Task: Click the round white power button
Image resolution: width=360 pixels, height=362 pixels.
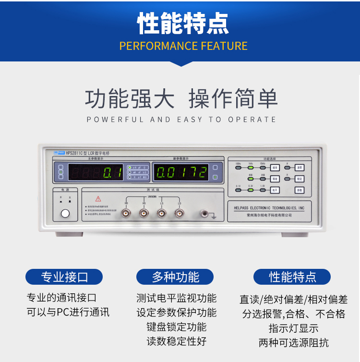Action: pyautogui.click(x=65, y=213)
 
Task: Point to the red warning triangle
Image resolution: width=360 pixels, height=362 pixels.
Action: pyautogui.click(x=98, y=198)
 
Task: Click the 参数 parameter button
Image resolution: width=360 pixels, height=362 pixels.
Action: pyautogui.click(x=299, y=190)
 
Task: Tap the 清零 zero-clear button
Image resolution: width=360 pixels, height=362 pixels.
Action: pyautogui.click(x=299, y=168)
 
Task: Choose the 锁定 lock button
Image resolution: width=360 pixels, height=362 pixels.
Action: pyautogui.click(x=299, y=179)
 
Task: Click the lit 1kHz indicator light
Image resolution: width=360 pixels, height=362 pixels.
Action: pyautogui.click(x=250, y=168)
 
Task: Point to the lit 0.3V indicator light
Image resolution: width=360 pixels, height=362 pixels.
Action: pyautogui.click(x=250, y=190)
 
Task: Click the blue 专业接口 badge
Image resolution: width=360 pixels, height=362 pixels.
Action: pyautogui.click(x=64, y=277)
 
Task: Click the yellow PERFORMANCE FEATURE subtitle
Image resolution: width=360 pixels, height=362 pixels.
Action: pyautogui.click(x=183, y=46)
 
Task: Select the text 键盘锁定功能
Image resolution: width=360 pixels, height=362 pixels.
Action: pyautogui.click(x=177, y=327)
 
